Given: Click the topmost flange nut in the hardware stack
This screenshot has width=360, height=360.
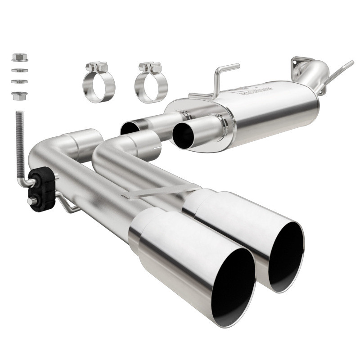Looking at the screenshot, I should click(x=20, y=58).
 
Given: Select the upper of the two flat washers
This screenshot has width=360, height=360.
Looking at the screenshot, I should click(x=19, y=70).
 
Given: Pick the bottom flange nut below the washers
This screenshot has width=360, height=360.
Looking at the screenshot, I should click(x=20, y=95).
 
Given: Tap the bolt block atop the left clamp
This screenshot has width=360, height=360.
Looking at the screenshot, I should click(x=97, y=67).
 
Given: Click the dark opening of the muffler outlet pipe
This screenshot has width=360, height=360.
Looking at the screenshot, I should click(x=184, y=134).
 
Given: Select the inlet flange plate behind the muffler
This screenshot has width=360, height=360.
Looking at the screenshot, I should click(x=300, y=64).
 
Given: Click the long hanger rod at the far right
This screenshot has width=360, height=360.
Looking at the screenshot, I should click(x=337, y=74).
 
